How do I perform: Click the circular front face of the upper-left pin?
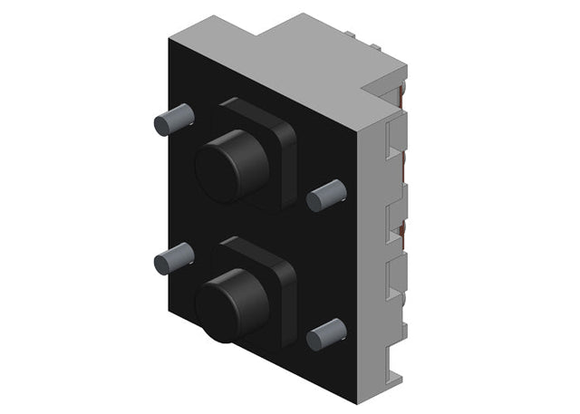pos(161,123)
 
